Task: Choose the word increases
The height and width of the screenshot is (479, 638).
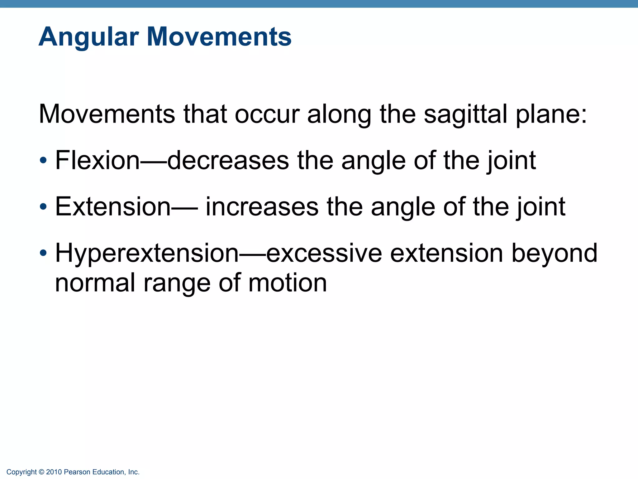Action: pyautogui.click(x=262, y=206)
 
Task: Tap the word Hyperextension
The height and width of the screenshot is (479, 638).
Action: pyautogui.click(x=147, y=253)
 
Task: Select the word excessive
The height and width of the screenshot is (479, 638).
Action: pyautogui.click(x=324, y=253)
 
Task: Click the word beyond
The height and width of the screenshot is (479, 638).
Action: pyautogui.click(x=555, y=253)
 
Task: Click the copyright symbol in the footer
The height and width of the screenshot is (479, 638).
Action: pyautogui.click(x=41, y=472)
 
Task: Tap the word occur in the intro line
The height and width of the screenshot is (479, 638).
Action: pyautogui.click(x=267, y=114)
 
